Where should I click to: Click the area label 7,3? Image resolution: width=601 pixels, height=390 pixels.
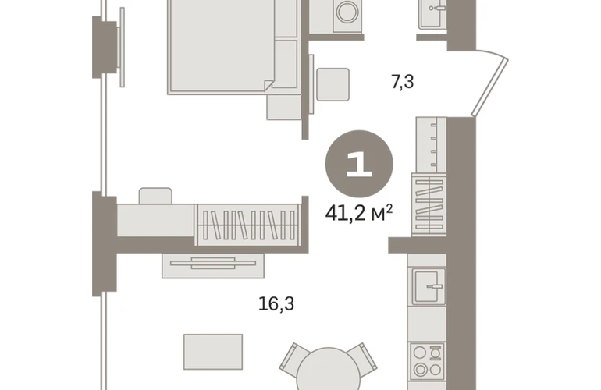pos(403,82)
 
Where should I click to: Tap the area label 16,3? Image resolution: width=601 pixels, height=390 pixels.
pos(276,304)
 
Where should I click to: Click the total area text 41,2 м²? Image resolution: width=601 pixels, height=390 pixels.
pos(359,213)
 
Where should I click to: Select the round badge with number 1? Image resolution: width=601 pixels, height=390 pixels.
pos(359,164)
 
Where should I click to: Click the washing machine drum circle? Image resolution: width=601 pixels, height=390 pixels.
pos(347,12)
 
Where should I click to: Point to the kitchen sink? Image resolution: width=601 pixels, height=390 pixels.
pos(429,286)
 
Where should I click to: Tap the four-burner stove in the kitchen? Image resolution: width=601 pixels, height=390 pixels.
pos(428,360)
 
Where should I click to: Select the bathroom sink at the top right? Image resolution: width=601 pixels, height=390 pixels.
pos(432,14)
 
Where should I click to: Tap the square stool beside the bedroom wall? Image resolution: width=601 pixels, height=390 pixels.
pos(333,85)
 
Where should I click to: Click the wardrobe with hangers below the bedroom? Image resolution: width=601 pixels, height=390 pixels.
pos(247,225)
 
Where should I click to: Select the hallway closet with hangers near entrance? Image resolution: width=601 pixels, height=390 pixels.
pos(429,204)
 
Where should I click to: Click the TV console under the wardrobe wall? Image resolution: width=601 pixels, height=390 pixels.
pos(213,265)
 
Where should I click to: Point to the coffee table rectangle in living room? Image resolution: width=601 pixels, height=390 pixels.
pos(213,352)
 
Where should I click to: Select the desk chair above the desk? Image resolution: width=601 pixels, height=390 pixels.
pos(155,196)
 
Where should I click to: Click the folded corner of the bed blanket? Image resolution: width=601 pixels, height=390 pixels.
pos(268,85)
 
